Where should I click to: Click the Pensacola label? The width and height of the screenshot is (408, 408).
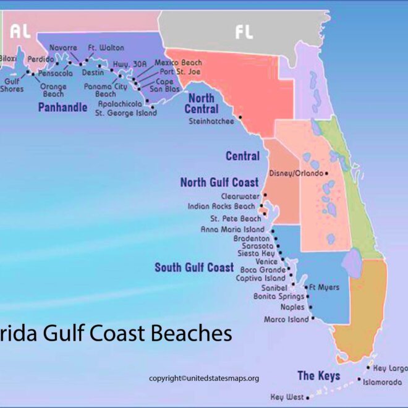pos(55,73)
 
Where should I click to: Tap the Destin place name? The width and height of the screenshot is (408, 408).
pos(93,72)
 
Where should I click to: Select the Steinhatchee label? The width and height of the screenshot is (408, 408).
pos(211,122)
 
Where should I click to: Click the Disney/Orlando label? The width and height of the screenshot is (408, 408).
pos(295,173)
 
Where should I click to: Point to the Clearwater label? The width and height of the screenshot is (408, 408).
pos(240,196)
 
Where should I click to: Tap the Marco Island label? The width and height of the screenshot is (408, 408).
pos(286,320)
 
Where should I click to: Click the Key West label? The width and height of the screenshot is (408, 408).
pos(288,397)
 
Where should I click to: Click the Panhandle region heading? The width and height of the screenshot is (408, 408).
pos(62,108)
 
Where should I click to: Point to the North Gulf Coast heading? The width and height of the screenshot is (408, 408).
pos(219,182)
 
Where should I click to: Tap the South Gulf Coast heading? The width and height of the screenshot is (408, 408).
pos(194,268)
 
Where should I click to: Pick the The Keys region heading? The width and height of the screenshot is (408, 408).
pos(319,375)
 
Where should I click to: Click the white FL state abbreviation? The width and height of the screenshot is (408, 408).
pos(244,32)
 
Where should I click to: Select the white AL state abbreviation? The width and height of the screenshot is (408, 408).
pos(20,31)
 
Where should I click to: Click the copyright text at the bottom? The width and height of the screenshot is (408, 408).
pos(204,378)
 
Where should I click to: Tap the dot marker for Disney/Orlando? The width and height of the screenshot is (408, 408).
pos(326,173)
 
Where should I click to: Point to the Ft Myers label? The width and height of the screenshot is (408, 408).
pos(324,287)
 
